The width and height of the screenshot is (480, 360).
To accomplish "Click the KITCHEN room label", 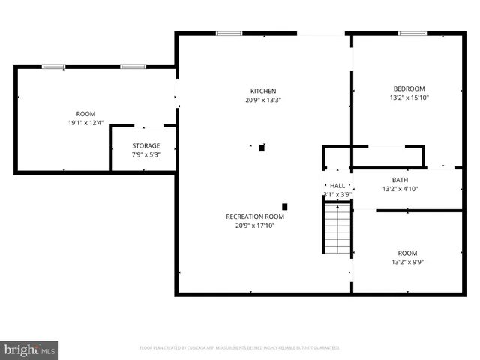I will point(262,91).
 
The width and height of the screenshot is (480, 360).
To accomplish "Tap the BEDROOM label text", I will point(409,88).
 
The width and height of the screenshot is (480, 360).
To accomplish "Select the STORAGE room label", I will point(146,145).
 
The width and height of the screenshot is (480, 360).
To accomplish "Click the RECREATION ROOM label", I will point(255,217).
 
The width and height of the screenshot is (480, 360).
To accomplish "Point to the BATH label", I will point(400,180).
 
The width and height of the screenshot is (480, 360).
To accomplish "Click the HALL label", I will point(337,185).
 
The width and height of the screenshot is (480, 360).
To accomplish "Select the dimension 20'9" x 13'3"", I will point(262,100).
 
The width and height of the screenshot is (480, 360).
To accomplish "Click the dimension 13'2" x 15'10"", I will point(409,97).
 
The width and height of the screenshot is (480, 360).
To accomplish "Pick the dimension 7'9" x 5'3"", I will point(146,154).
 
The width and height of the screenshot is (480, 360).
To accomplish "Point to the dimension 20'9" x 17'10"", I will point(255,226).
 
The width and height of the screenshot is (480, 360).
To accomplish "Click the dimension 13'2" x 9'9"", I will point(407,262).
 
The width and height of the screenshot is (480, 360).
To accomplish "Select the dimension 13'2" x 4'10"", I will point(400,189).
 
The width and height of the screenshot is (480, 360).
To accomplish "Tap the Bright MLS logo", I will point(30,349).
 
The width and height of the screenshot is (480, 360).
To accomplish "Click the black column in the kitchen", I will point(261,148).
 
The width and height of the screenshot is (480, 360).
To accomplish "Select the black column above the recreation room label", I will point(284,206).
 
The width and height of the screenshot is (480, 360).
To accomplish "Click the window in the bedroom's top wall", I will point(412,33).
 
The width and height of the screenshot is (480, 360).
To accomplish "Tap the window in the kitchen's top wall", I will point(229,33).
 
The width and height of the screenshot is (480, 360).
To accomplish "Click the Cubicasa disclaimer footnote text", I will point(240,348).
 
